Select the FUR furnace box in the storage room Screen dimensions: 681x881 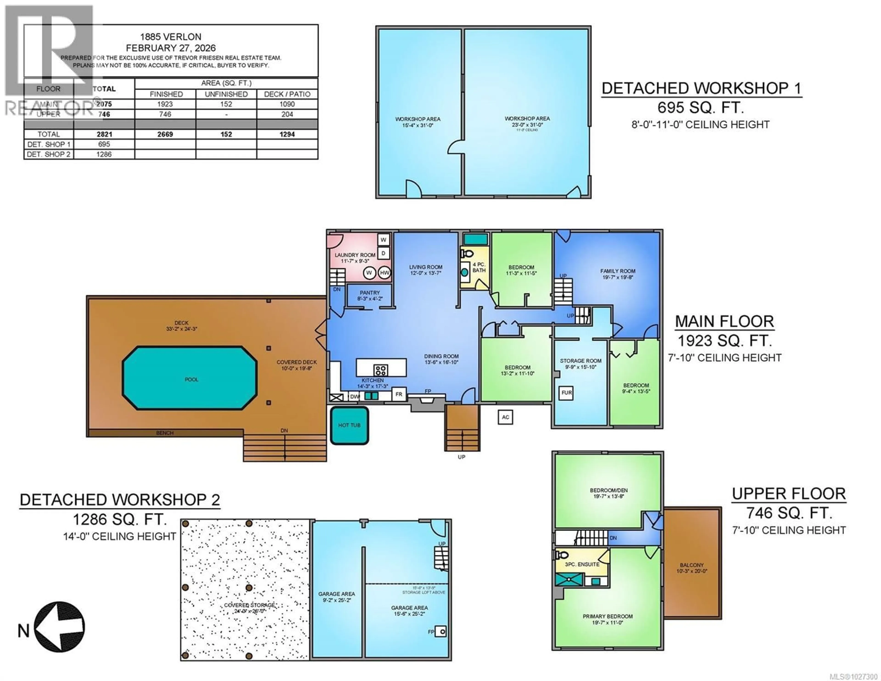[566, 393]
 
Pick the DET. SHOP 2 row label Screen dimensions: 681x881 [48, 154]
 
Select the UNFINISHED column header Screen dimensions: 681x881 [226, 94]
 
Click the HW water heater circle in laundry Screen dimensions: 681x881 [385, 273]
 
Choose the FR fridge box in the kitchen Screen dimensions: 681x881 [399, 394]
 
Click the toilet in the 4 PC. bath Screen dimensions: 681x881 [467, 254]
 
